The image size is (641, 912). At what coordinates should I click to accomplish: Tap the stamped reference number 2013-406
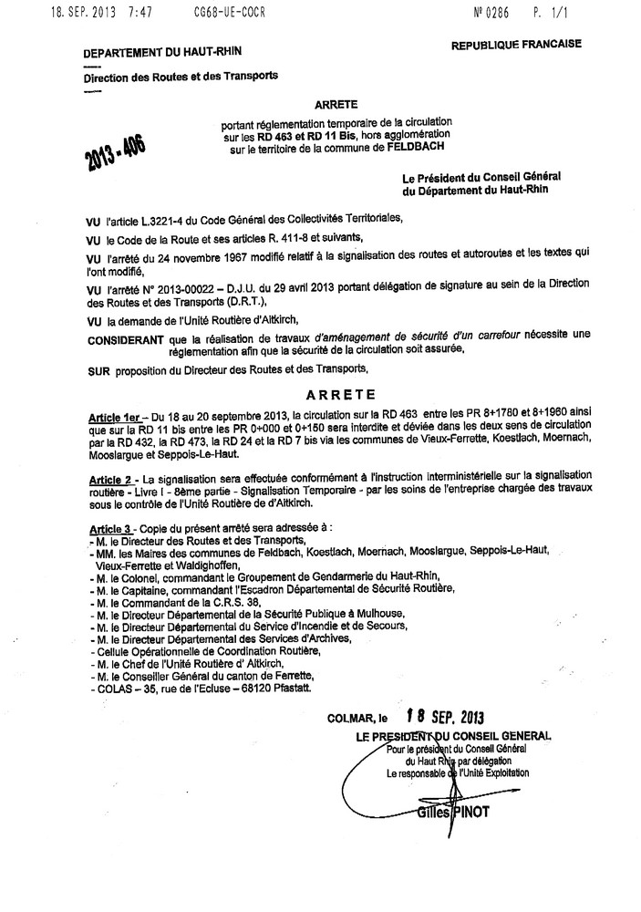pyautogui.click(x=117, y=146)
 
